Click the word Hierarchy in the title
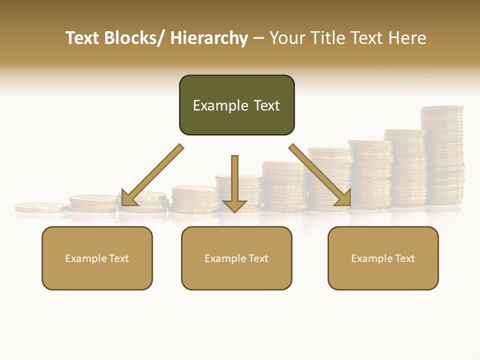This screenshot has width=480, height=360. (x=209, y=38)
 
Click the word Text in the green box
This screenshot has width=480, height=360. (x=266, y=105)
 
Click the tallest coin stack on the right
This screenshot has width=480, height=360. (x=442, y=155)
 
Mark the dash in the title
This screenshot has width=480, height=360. (x=258, y=38)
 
